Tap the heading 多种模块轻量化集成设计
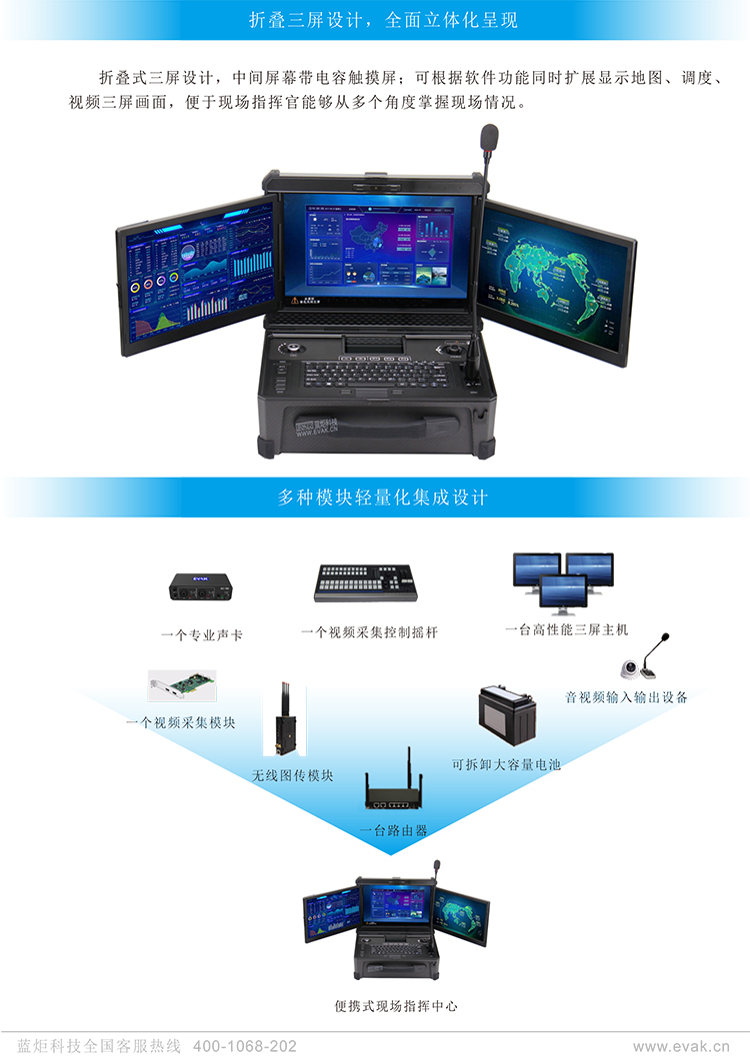tap(383, 497)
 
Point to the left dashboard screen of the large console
tap(198, 276)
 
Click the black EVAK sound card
tap(202, 587)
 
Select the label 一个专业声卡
tap(202, 634)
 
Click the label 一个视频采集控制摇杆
tap(369, 632)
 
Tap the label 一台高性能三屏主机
tap(566, 629)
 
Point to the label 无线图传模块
tap(293, 775)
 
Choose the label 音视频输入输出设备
tap(626, 697)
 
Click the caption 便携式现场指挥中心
tap(396, 1006)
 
